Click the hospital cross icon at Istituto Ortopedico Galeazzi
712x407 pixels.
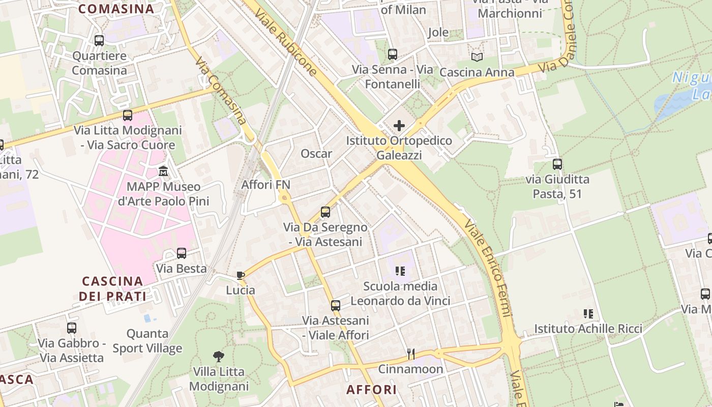(x=399, y=125)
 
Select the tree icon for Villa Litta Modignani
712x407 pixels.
(x=219, y=356)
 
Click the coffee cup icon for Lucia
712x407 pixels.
(x=241, y=275)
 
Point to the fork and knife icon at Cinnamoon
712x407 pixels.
(x=410, y=354)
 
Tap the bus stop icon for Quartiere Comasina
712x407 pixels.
(x=99, y=40)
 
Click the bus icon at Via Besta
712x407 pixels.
(x=182, y=253)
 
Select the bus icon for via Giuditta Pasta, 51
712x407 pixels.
(x=557, y=164)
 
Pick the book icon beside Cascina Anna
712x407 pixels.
(x=477, y=57)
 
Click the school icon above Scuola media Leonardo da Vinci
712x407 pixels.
(x=400, y=271)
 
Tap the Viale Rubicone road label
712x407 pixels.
(x=286, y=38)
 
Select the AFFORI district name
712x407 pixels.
(x=371, y=390)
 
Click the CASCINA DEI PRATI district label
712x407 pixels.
(x=112, y=288)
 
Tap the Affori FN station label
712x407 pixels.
(x=265, y=184)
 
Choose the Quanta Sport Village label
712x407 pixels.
(x=147, y=341)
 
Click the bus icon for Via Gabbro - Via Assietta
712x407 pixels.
(x=72, y=328)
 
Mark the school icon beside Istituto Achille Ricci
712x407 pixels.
(x=588, y=313)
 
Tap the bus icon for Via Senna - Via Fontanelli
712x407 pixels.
(x=392, y=54)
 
